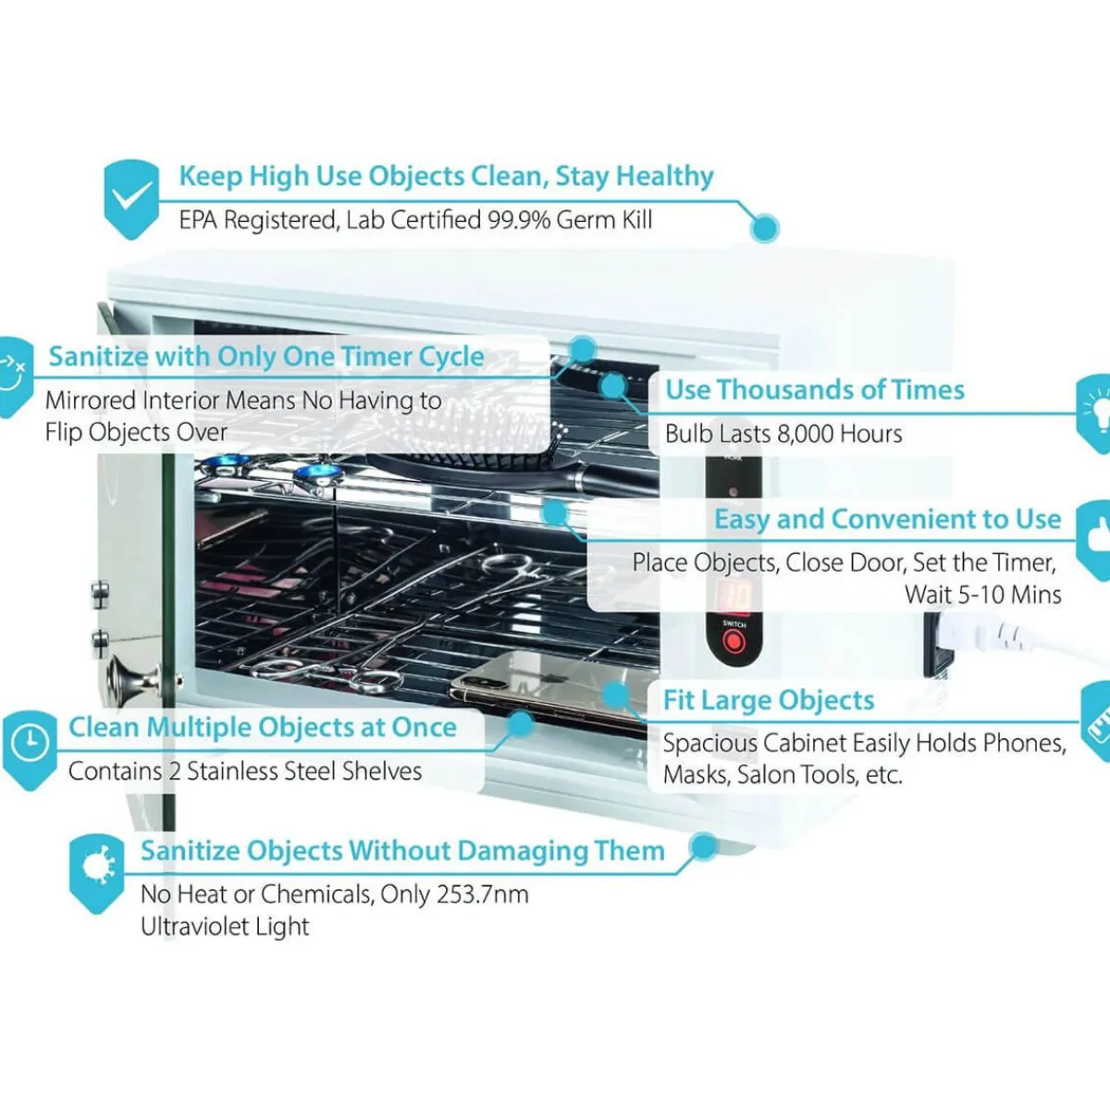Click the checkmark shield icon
pyautogui.click(x=131, y=199)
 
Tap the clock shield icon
pyautogui.click(x=30, y=749)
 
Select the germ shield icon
pyautogui.click(x=96, y=873)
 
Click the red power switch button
pyautogui.click(x=734, y=641)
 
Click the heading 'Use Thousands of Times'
pyautogui.click(x=815, y=389)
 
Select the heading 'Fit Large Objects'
pyautogui.click(x=769, y=700)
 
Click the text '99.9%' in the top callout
pyautogui.click(x=518, y=220)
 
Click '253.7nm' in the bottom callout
pyautogui.click(x=482, y=894)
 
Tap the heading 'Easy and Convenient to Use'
pyautogui.click(x=888, y=519)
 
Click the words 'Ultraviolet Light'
pyautogui.click(x=225, y=927)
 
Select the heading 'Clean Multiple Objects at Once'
pyautogui.click(x=263, y=727)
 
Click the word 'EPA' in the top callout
pyautogui.click(x=198, y=220)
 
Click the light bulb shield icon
pyautogui.click(x=1094, y=413)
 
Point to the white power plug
pyautogui.click(x=980, y=635)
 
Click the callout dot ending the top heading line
pyautogui.click(x=765, y=228)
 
